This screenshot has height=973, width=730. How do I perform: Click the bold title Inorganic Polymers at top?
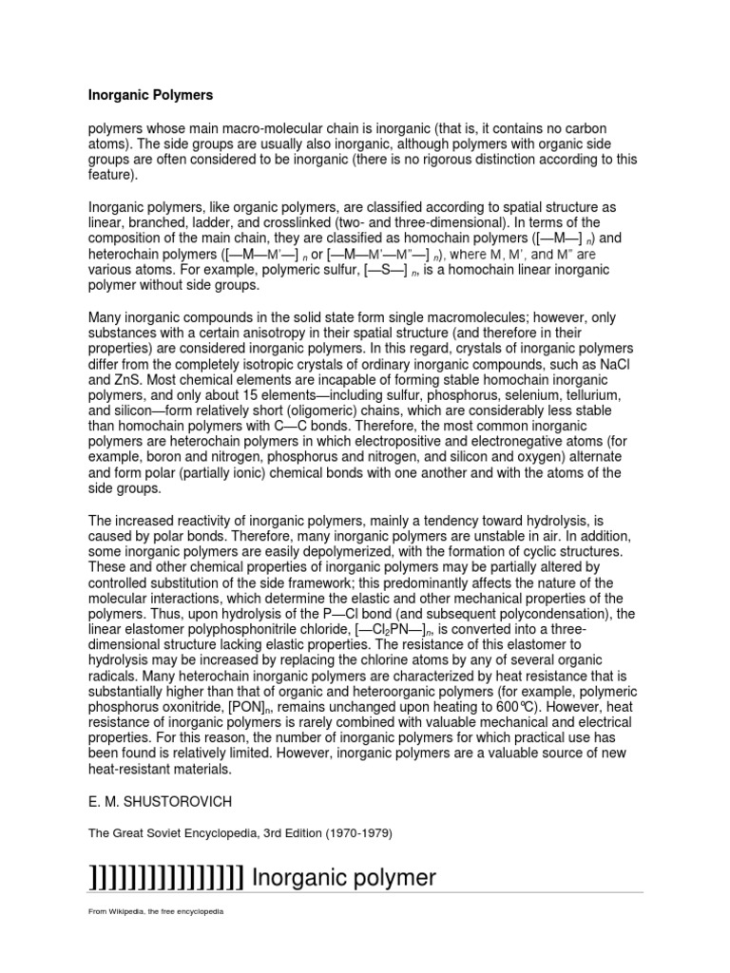[150, 95]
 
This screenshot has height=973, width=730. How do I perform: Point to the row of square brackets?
[167, 877]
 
